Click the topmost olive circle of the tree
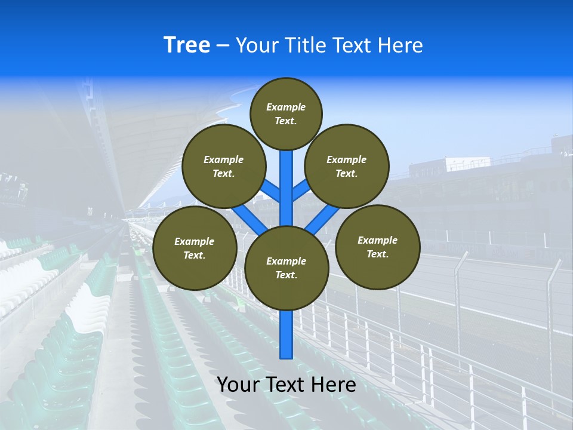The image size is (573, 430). (x=286, y=113)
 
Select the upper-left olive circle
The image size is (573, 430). (x=224, y=166)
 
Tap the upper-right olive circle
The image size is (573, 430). (x=347, y=166)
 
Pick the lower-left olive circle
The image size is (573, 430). (x=195, y=248)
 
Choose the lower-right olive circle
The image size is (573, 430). (x=378, y=247)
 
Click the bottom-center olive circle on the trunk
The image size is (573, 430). (x=286, y=268)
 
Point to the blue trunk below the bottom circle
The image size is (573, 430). (x=286, y=334)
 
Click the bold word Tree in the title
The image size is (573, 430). (x=187, y=45)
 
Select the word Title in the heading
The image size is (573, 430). (x=305, y=45)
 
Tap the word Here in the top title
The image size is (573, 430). (x=400, y=45)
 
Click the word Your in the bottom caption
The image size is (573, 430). (x=237, y=385)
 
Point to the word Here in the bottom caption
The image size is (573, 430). (x=335, y=385)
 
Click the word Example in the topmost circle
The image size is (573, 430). (x=286, y=107)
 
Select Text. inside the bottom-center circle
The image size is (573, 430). (x=286, y=275)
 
